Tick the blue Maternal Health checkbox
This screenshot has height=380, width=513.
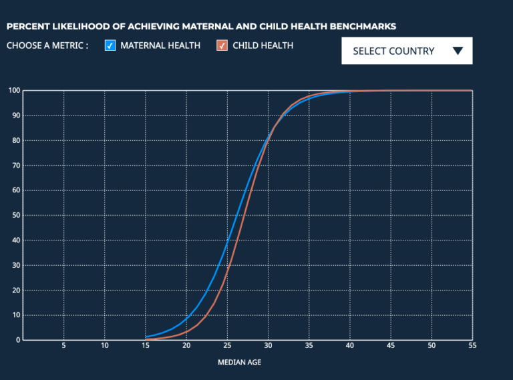pos(111,46)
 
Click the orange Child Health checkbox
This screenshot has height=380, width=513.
pos(222,46)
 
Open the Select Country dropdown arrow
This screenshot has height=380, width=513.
pos(458,51)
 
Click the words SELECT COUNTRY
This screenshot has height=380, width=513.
pos(393,51)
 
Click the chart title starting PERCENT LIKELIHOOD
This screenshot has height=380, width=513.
pos(201,27)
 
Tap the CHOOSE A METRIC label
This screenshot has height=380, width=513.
pos(47,46)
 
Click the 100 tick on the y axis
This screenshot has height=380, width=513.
pos(13,90)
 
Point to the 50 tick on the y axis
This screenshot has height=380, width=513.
pos(15,215)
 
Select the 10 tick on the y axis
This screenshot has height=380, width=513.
pos(15,315)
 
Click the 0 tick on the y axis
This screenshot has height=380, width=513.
pos(17,340)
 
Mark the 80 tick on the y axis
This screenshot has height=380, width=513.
pos(15,140)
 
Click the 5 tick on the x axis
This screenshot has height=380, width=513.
pos(63,346)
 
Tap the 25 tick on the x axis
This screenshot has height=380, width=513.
pos(227,346)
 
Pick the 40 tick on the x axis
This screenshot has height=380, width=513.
pos(350,346)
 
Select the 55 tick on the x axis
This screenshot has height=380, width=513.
pos(472,346)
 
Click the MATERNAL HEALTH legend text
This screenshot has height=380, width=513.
pos(160,46)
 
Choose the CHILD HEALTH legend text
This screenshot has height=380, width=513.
pos(263,46)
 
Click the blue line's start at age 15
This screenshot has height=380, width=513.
pos(146,337)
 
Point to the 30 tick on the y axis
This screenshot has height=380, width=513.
pos(15,265)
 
